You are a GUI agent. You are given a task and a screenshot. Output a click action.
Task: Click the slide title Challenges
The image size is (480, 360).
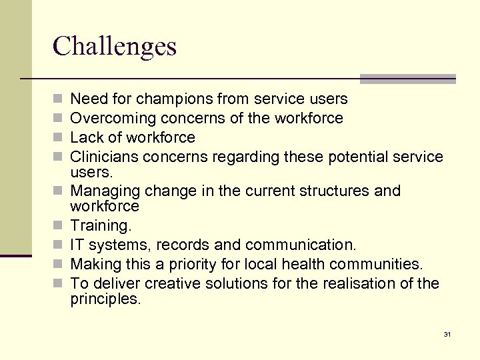tap(115, 46)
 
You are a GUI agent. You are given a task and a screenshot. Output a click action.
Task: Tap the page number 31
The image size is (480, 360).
tap(447, 334)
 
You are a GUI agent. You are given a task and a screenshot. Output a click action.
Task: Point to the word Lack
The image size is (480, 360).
tap(85, 138)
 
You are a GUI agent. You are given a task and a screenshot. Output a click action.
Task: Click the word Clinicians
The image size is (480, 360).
tap(103, 157)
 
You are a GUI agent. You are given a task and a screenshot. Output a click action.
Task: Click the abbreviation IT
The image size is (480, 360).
tap(77, 245)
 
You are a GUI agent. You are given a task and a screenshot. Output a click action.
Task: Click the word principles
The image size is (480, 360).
tap(105, 299)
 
